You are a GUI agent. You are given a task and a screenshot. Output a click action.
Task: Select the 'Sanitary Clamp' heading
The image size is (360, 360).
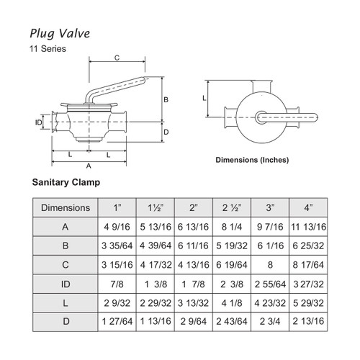[66, 183]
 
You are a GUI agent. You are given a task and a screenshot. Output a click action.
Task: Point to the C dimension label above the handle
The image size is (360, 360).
[117, 58]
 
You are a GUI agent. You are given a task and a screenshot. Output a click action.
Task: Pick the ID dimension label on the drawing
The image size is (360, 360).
[40, 122]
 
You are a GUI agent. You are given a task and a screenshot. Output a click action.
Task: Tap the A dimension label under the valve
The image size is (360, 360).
[89, 166]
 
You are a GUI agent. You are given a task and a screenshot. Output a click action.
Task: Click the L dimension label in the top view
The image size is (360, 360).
[204, 96]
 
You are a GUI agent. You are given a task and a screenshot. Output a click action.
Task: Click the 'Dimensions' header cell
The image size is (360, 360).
[66, 208]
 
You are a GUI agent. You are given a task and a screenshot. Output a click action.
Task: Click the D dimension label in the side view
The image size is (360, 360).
[165, 132]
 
